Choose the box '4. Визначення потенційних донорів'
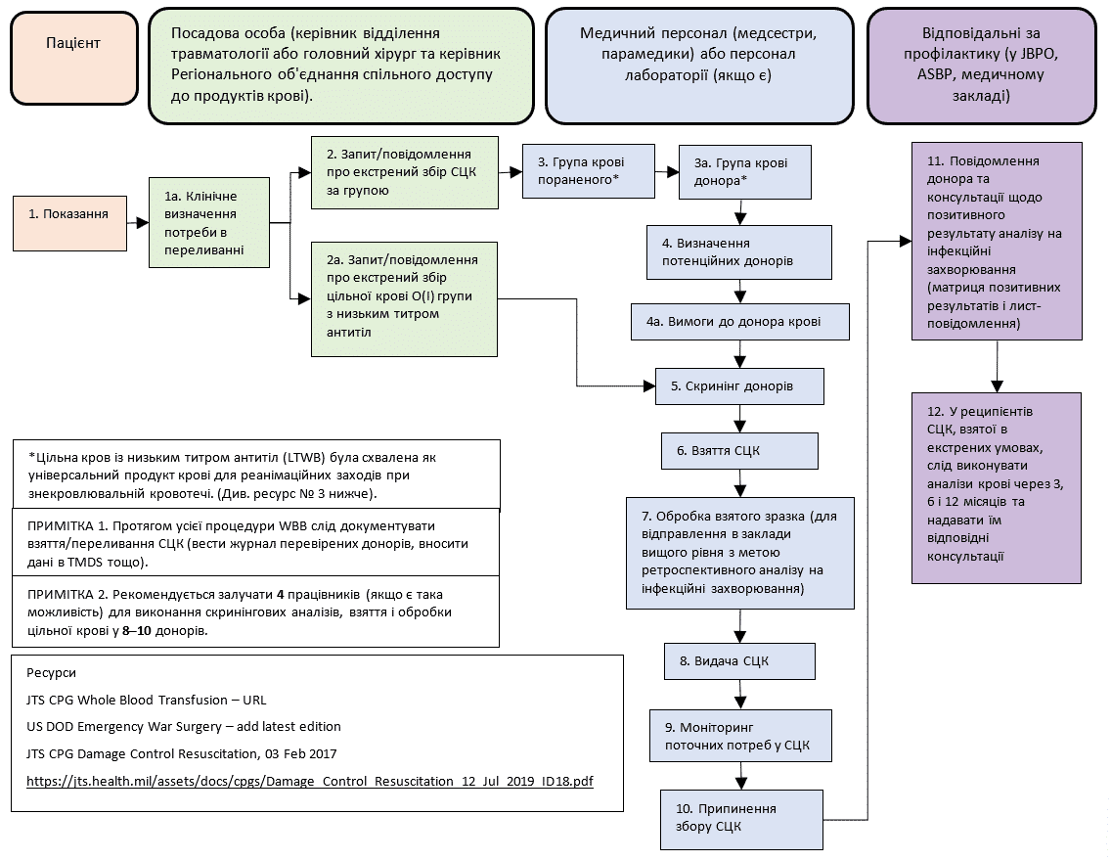point(739,252)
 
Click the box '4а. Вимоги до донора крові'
point(739,321)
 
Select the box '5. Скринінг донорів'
point(739,386)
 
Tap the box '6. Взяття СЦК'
point(739,451)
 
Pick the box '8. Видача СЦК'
point(739,660)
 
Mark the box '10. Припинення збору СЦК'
point(739,818)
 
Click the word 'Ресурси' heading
point(52,673)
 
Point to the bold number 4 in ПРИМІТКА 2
point(281,594)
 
